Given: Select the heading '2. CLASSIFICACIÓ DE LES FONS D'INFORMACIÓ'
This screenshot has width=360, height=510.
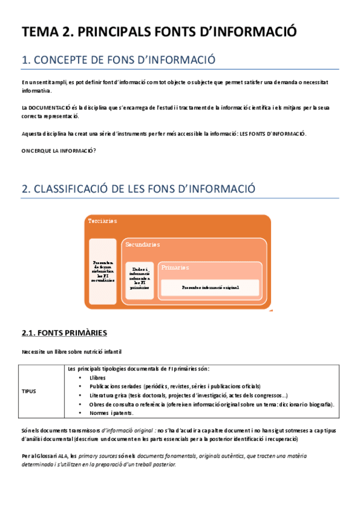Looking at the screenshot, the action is [x=138, y=189].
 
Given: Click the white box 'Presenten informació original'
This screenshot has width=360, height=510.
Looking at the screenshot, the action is [x=210, y=287].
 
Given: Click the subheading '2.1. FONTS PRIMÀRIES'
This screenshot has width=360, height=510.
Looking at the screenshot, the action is [x=64, y=333].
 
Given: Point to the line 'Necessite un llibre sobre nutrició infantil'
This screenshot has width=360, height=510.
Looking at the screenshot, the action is [x=72, y=351].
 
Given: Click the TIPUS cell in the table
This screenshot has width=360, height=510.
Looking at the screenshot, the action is [x=28, y=391].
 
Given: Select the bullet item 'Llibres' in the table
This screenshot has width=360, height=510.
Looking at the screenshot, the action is [x=97, y=378].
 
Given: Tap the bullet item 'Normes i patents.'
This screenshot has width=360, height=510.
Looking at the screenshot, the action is [x=112, y=413].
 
